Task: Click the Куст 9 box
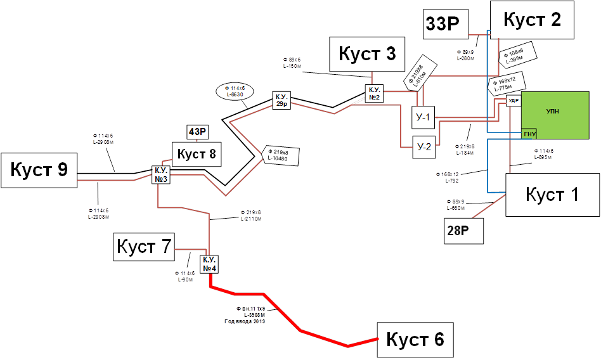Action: (39, 170)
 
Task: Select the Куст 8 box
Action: (197, 154)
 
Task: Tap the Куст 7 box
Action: (144, 247)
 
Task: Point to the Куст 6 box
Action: (415, 340)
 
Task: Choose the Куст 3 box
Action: (367, 54)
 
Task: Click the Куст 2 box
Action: (532, 20)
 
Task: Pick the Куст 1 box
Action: (552, 195)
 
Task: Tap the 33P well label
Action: (446, 24)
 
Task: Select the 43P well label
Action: (197, 132)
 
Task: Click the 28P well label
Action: (463, 231)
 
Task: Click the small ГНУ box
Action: (529, 134)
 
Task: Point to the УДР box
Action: (514, 101)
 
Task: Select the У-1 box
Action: (423, 117)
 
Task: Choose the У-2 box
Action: (424, 147)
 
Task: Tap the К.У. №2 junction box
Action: (375, 93)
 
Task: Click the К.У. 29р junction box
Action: (282, 100)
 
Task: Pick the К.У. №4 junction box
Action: (210, 264)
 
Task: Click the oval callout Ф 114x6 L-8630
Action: (235, 91)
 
